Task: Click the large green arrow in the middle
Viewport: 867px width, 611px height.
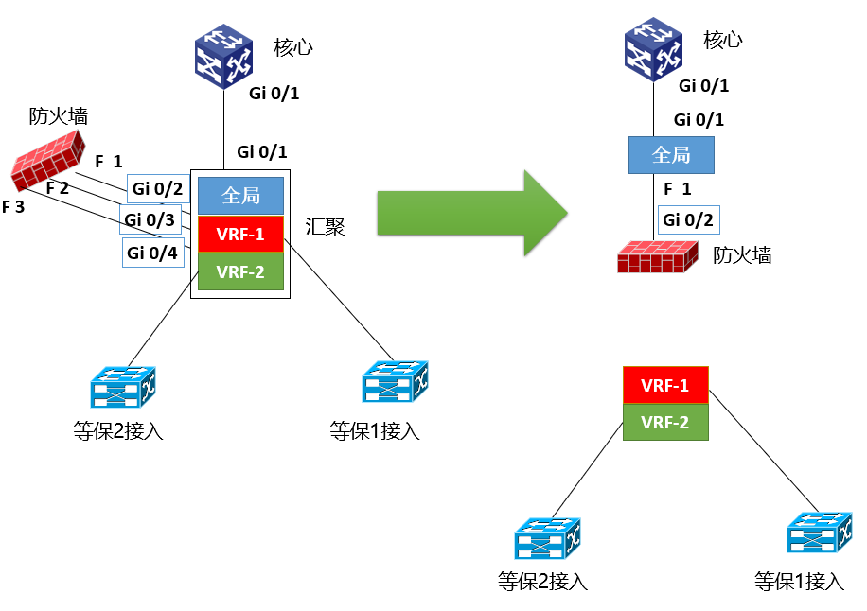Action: click(x=472, y=213)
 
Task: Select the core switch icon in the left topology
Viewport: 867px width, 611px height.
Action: click(x=224, y=57)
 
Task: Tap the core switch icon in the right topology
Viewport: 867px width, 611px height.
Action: click(x=654, y=50)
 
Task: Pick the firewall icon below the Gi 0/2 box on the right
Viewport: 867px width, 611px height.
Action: click(x=658, y=257)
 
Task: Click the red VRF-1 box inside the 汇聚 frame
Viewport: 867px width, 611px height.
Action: click(x=240, y=234)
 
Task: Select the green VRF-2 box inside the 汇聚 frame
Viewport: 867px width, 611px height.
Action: click(x=240, y=271)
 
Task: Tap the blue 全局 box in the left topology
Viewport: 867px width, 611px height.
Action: click(x=240, y=196)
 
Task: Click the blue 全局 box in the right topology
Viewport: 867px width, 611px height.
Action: click(x=671, y=155)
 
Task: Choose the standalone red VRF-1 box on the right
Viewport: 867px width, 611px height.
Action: click(x=665, y=385)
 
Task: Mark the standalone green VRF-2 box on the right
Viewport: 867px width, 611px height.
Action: click(x=665, y=423)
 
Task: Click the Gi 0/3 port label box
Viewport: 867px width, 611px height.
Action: click(x=150, y=219)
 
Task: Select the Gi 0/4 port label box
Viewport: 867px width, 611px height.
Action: click(x=153, y=253)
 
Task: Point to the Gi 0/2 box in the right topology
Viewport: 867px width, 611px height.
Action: click(x=688, y=219)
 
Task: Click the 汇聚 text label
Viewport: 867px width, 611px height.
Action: click(x=326, y=226)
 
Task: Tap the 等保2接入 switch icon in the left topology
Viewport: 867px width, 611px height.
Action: click(x=123, y=387)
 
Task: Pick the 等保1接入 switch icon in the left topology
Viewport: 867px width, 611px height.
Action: click(x=395, y=382)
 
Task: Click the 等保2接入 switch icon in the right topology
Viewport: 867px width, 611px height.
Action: click(x=547, y=538)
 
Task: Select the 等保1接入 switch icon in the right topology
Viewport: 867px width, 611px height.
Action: click(x=820, y=532)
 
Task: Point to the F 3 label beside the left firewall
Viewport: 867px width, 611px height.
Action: click(x=13, y=206)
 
